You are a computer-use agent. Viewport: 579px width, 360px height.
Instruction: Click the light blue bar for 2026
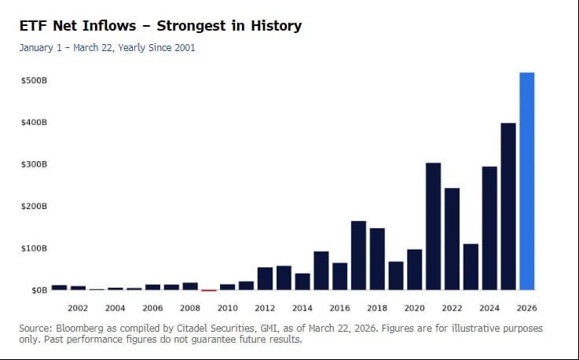526,181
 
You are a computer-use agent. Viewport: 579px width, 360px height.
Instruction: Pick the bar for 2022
452,239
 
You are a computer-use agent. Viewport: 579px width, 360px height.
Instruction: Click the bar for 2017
358,255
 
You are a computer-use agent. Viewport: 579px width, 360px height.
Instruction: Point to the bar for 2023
471,266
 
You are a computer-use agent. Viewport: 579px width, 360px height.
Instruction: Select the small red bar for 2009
209,290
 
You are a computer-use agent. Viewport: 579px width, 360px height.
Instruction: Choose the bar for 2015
321,270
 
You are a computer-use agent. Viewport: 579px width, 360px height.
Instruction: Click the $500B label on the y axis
35,81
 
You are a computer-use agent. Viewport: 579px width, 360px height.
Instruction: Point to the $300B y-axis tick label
35,165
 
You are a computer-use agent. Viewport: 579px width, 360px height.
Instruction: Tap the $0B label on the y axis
38,290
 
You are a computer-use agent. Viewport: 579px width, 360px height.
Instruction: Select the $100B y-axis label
35,248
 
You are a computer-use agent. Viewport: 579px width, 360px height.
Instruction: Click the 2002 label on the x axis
77,308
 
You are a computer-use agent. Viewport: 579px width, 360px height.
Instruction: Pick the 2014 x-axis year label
302,308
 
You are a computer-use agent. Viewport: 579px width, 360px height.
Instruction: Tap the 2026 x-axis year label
527,308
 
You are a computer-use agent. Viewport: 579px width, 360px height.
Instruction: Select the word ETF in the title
34,26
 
